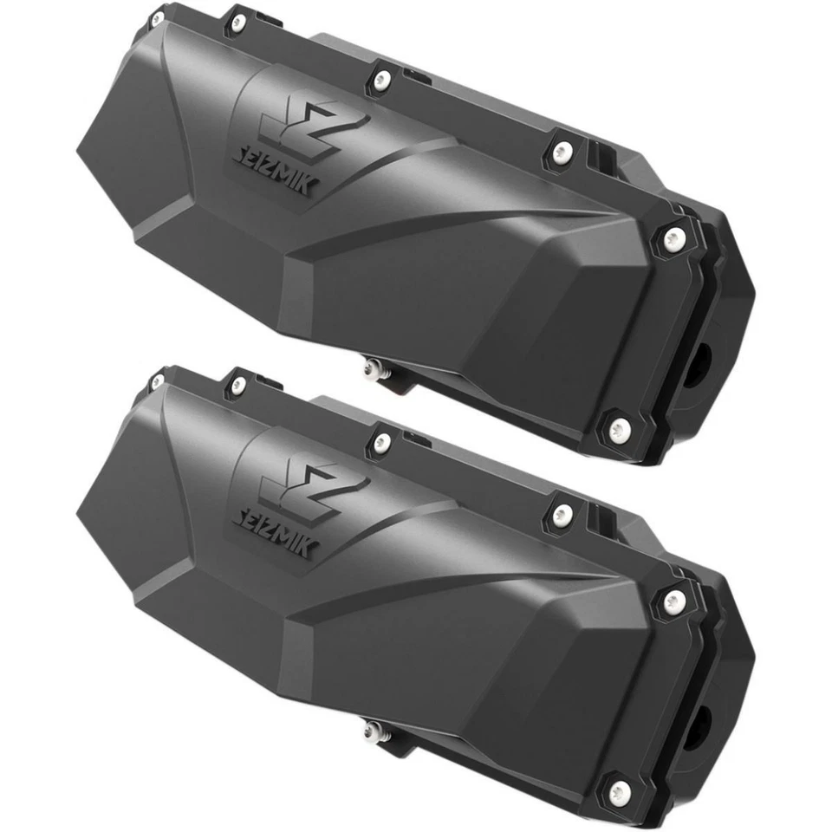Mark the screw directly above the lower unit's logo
pos(382,442)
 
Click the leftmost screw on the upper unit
pos(157,17)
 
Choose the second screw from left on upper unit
pos(237,21)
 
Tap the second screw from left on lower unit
pos(237,382)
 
